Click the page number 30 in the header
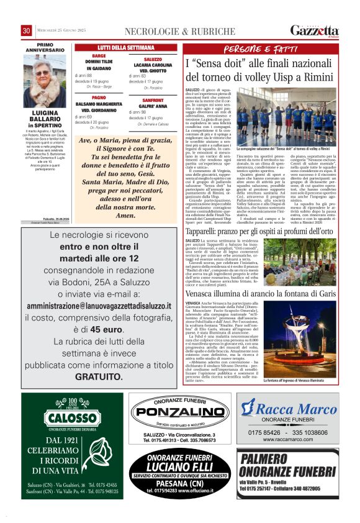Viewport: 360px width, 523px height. (x=27, y=30)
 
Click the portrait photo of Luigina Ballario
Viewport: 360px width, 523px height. (x=44, y=80)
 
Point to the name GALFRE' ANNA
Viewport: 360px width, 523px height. (x=153, y=106)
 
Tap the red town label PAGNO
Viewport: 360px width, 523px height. (x=99, y=98)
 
